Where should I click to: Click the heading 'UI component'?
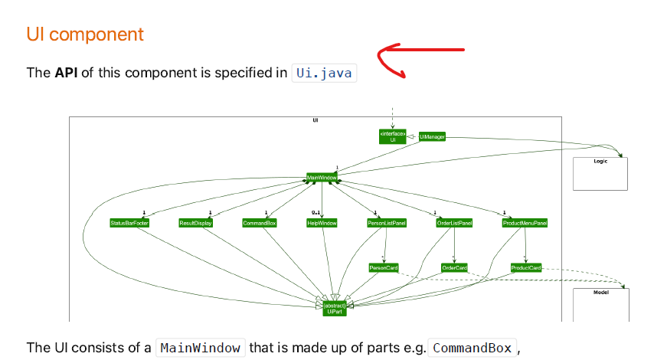point(85,34)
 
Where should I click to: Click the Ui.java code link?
point(325,73)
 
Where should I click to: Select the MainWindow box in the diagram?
point(322,177)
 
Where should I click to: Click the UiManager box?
point(432,136)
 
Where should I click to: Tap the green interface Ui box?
point(393,136)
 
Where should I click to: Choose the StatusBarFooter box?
point(129,223)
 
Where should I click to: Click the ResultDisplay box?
point(195,223)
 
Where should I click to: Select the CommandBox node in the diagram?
point(260,223)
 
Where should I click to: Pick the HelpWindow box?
point(322,223)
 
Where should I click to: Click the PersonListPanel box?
point(387,223)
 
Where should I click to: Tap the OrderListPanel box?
point(454,223)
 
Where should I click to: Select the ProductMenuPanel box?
point(525,223)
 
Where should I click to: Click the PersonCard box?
point(384,268)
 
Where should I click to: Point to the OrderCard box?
point(454,268)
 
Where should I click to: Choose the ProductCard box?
point(526,268)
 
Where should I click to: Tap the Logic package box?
point(600,174)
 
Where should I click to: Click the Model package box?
point(601,305)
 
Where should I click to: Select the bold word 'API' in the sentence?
point(65,73)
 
